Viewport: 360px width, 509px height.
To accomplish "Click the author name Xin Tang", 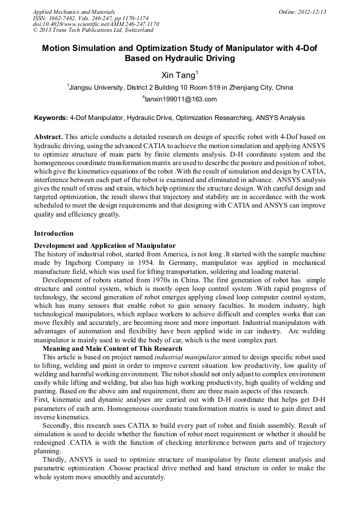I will (178, 75).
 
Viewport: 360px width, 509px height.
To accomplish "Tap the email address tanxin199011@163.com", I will (180, 99).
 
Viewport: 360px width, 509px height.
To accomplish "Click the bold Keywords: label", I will (51, 117).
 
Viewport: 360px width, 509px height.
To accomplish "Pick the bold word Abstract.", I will (48, 136).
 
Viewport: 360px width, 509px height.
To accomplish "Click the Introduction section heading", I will (54, 233).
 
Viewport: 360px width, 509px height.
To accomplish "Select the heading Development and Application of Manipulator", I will (105, 245).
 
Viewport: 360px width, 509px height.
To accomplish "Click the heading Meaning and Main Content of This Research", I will (112, 349).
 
